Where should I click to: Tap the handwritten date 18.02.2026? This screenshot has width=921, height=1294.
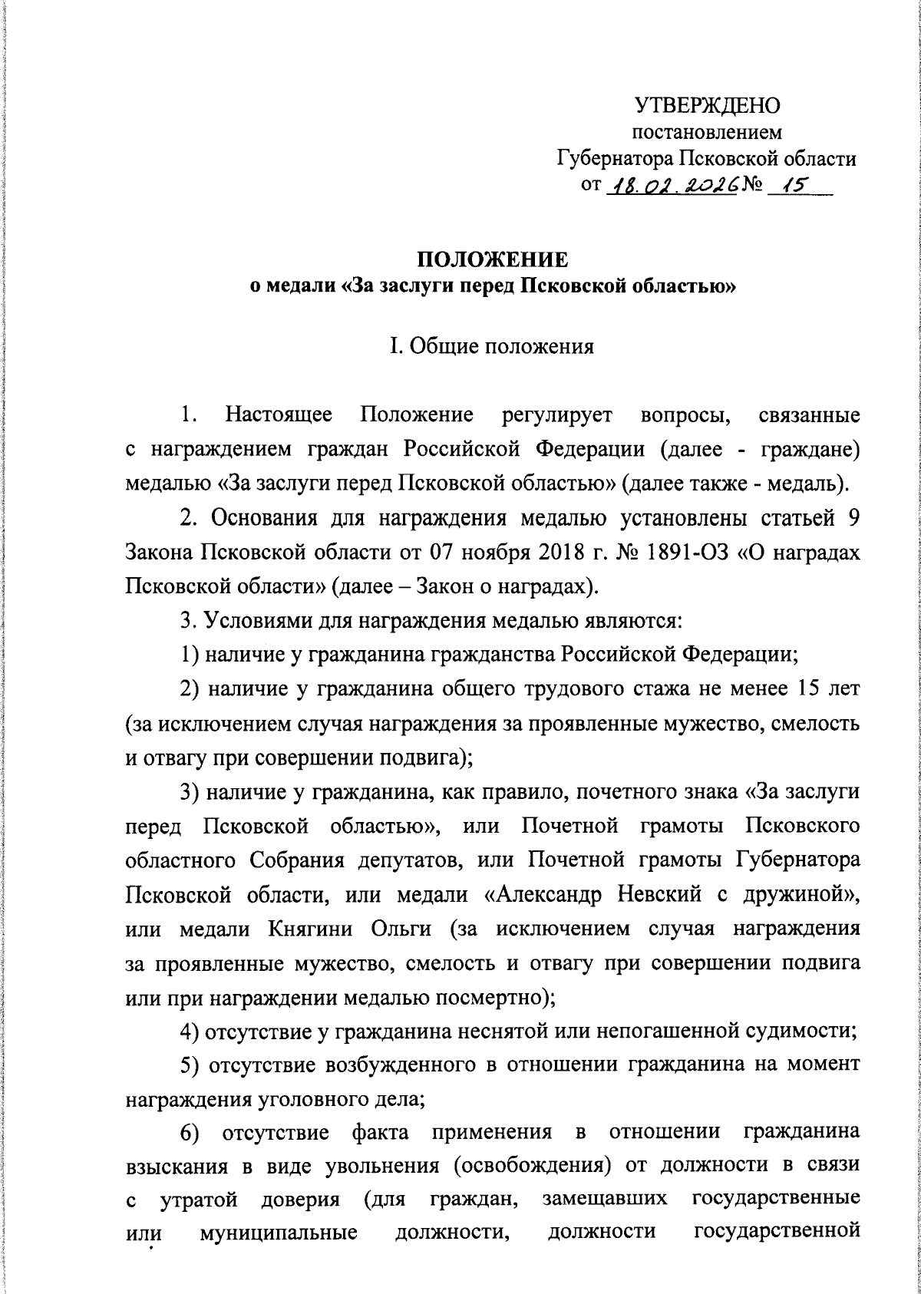[x=672, y=185]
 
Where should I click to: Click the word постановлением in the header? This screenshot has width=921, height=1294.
[x=706, y=133]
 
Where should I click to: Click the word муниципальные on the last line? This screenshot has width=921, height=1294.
[x=279, y=1236]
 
